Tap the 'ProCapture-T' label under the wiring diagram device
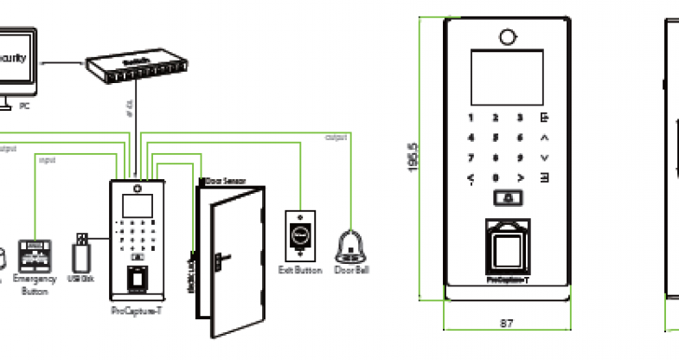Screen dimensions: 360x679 click(135, 310)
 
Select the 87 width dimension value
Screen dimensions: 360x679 click(507, 323)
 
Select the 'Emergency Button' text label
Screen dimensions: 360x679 click(35, 285)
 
